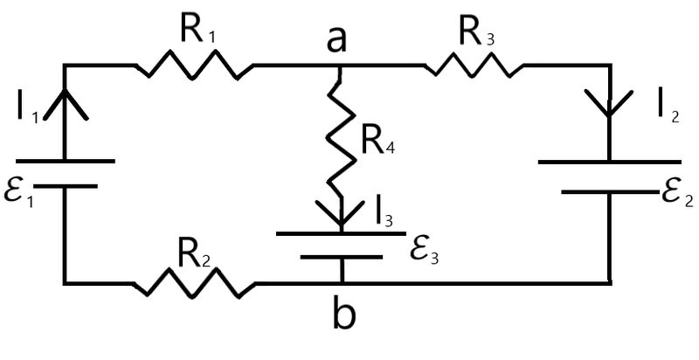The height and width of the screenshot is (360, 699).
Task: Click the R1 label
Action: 198,30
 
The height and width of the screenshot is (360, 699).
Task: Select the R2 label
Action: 193,256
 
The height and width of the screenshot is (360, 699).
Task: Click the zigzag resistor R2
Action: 194,282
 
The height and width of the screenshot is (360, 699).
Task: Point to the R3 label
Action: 476,33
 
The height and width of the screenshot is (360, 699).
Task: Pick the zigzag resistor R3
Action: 474,65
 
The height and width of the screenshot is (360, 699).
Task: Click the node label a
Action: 336,40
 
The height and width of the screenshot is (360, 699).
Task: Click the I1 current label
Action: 28,107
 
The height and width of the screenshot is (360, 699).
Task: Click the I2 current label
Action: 669,107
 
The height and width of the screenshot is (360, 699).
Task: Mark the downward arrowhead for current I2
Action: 609,103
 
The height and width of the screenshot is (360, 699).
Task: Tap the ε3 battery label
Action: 424,253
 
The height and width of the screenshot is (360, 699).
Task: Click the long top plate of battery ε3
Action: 341,233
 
